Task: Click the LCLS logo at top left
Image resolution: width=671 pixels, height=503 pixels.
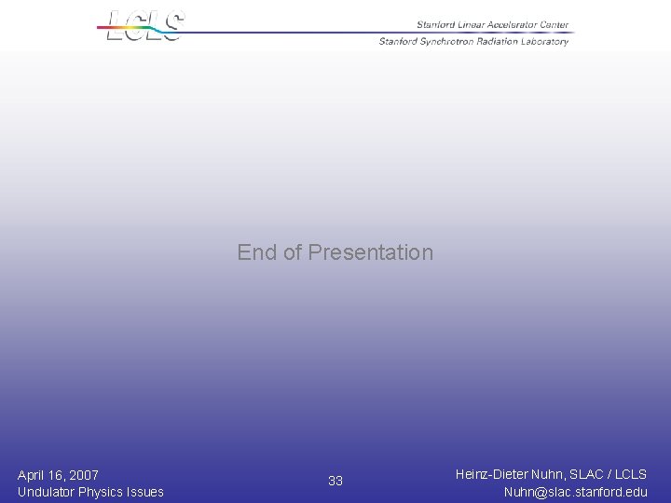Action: (x=145, y=25)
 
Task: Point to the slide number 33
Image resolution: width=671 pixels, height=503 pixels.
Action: (x=335, y=481)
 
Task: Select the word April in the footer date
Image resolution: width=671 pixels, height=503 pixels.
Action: (x=34, y=475)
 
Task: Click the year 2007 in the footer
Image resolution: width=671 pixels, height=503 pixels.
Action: (x=82, y=475)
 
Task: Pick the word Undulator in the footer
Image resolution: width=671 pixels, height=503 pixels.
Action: (x=47, y=492)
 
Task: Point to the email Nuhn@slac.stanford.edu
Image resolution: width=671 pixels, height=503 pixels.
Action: (x=575, y=492)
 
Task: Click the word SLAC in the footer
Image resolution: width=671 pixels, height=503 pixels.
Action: (x=591, y=475)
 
